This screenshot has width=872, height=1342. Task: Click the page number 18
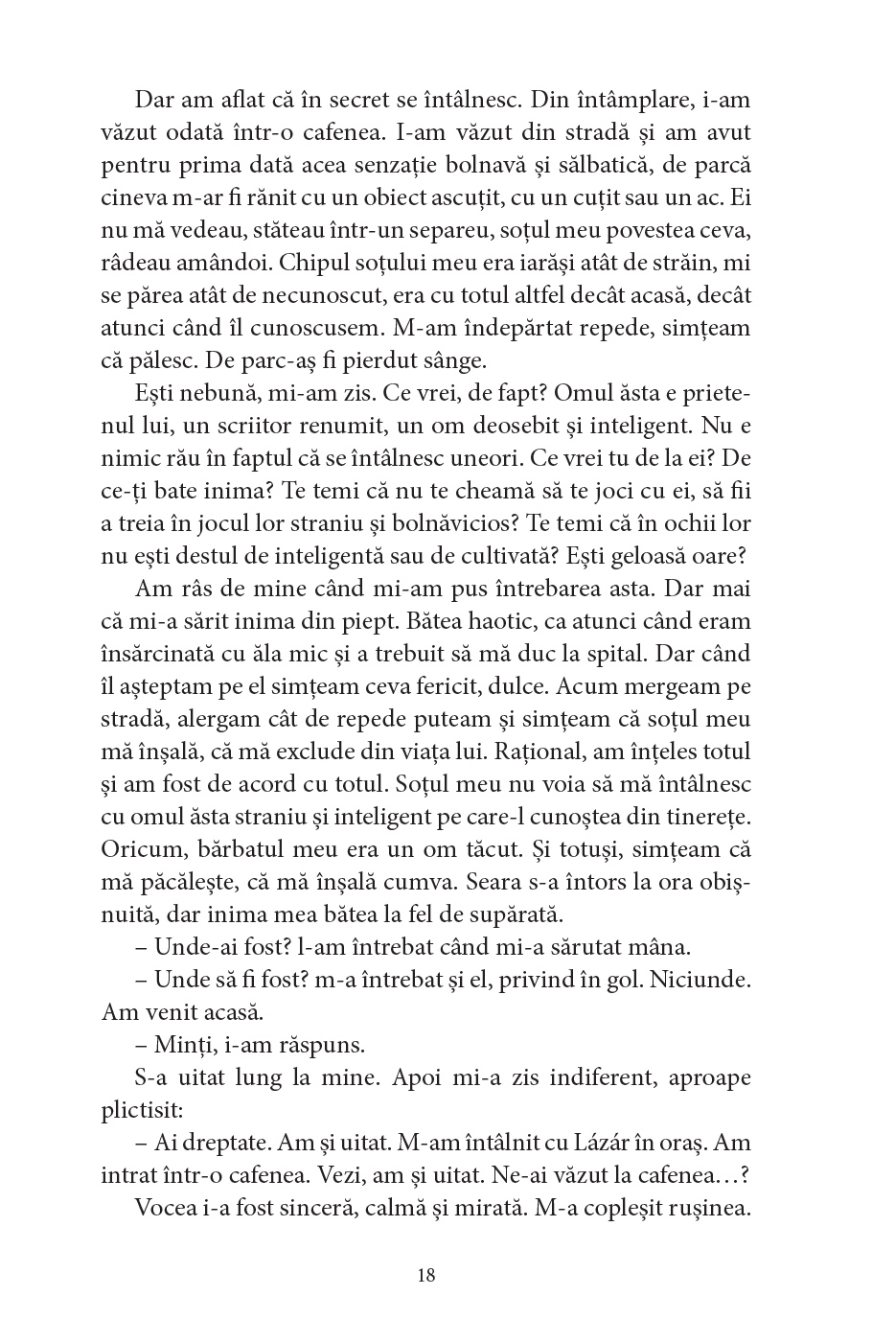pos(426,1276)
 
